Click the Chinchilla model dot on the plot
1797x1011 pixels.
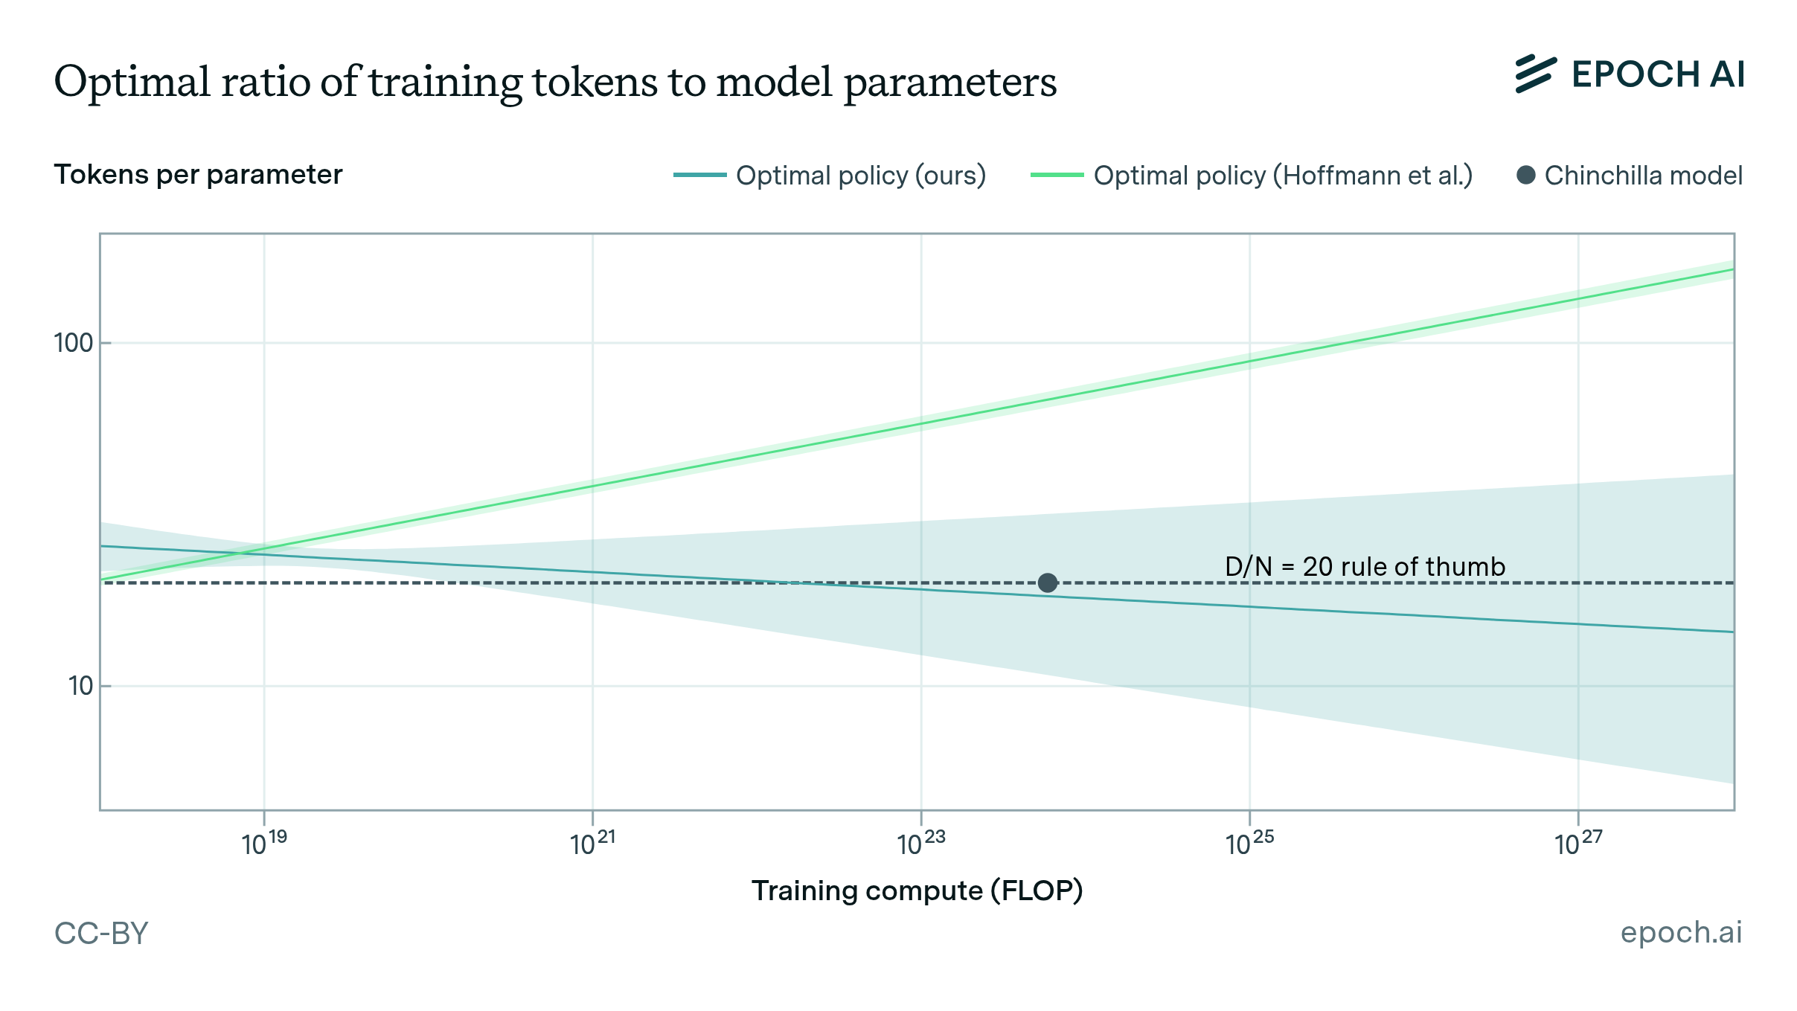[1047, 582]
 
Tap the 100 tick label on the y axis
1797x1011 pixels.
[73, 343]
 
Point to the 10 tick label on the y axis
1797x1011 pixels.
[80, 686]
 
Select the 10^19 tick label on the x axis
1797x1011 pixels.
[264, 844]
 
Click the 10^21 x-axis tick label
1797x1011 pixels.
[592, 844]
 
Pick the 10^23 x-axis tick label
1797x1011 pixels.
[921, 844]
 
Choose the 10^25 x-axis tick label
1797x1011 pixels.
[1249, 844]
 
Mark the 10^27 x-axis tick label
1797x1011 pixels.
[1578, 844]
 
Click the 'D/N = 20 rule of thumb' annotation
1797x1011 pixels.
[1365, 567]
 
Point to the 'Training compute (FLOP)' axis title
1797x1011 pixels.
[917, 890]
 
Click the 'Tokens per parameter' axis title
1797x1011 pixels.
[198, 175]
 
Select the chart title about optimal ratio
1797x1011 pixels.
[555, 82]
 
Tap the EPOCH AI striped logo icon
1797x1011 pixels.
[1535, 74]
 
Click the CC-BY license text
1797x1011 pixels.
[101, 933]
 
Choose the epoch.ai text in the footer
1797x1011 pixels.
[1681, 932]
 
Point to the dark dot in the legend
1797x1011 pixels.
[1525, 176]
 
